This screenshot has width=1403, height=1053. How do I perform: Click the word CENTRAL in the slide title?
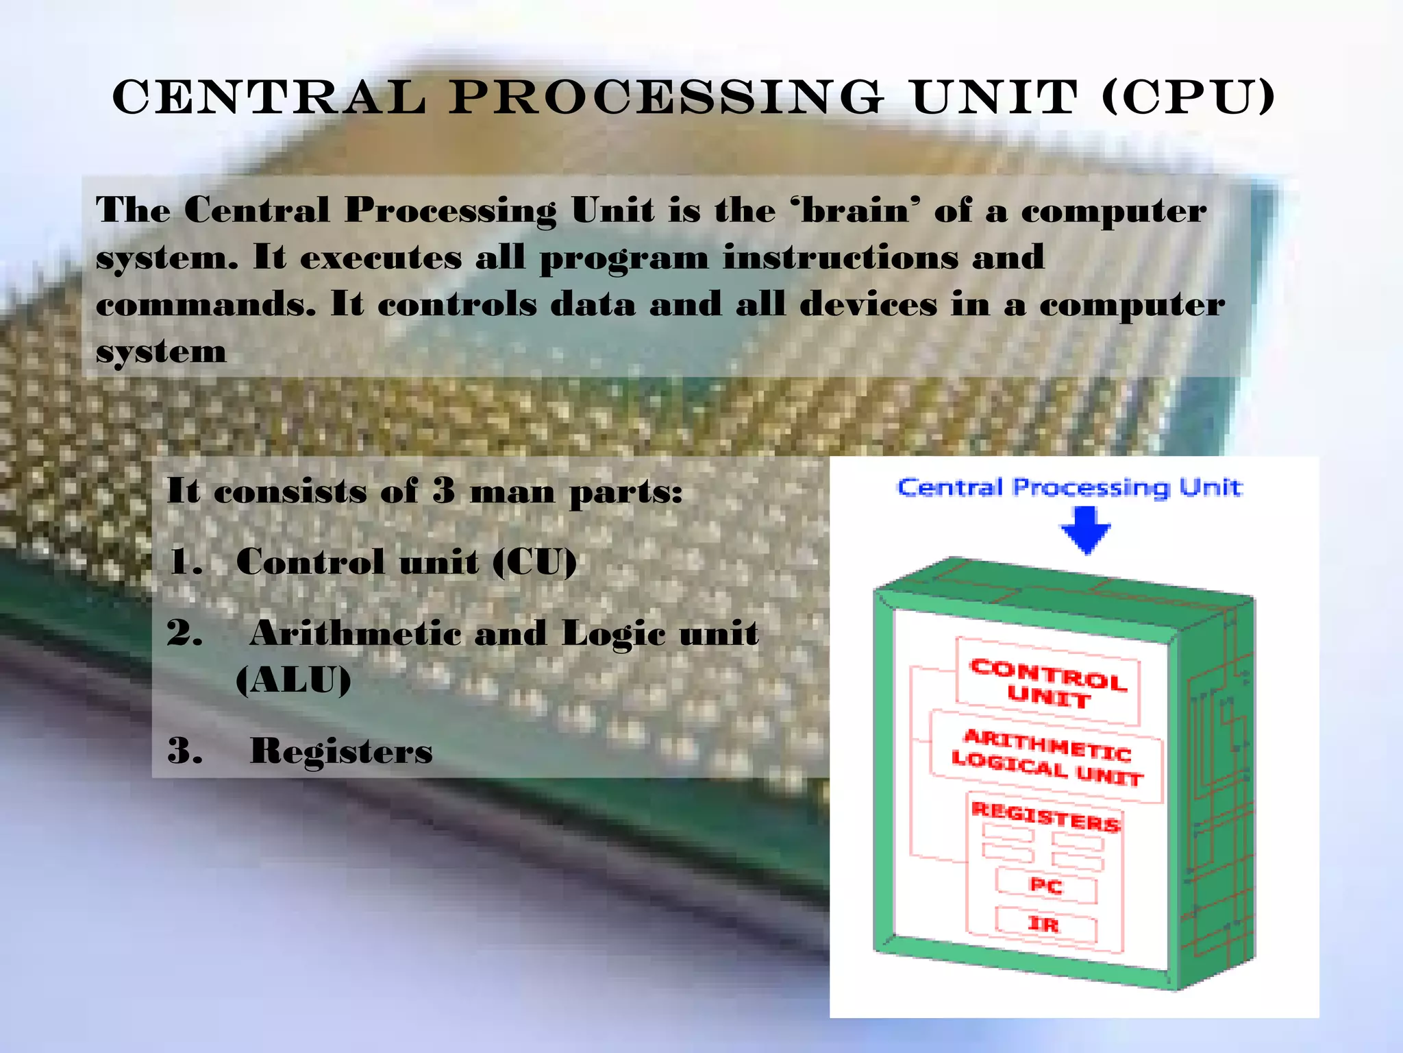tap(269, 97)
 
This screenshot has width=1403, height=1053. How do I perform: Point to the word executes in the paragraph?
tap(381, 258)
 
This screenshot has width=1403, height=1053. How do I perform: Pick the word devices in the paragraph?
tap(868, 304)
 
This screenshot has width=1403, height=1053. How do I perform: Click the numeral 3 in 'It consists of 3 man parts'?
tap(444, 491)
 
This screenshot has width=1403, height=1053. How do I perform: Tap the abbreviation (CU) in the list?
tap(535, 562)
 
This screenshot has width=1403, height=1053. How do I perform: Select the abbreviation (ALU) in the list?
tap(293, 680)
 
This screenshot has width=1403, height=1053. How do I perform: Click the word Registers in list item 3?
tap(341, 751)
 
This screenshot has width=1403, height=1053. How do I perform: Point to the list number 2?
tap(184, 633)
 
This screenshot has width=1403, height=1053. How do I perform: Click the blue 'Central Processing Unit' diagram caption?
tap(1069, 487)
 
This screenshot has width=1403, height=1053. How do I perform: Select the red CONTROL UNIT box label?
tap(1048, 683)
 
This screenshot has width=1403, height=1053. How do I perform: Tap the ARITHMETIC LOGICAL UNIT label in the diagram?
tap(1047, 758)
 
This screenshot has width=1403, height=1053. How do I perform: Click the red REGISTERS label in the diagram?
tap(1045, 816)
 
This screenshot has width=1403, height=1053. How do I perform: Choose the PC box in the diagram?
tap(1046, 886)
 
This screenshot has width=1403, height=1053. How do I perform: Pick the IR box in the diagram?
tap(1044, 925)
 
